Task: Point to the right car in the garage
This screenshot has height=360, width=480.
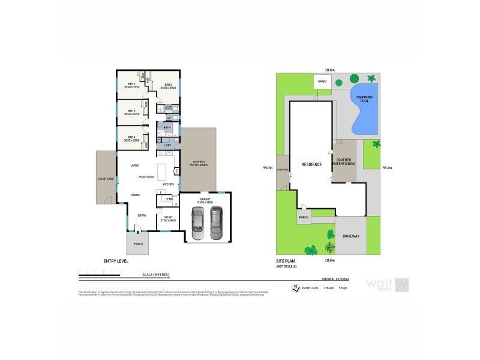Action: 215,223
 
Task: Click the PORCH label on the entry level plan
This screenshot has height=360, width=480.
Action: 138,244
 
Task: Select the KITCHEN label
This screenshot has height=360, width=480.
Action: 168,184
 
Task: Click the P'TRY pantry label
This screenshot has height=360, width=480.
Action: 161,199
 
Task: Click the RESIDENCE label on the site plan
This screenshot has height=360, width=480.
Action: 311,164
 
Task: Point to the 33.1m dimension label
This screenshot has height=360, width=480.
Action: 386,167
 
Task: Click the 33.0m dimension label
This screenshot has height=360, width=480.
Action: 268,167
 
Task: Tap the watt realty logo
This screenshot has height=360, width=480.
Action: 387,284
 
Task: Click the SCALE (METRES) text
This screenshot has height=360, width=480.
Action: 155,275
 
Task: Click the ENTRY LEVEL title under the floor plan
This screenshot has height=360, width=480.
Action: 116,262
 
